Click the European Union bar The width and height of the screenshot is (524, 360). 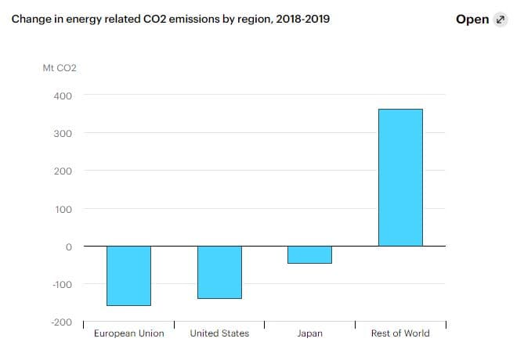tap(128, 275)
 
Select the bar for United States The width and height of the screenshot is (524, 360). tap(219, 272)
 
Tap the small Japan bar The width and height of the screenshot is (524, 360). tap(309, 254)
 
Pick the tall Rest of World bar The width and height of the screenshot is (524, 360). tap(400, 178)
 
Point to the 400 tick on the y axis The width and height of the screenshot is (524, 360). tap(63, 95)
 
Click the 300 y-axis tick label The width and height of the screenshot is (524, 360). tap(63, 133)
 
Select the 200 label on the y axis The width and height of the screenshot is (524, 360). tap(63, 171)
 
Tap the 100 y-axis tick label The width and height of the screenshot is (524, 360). tap(63, 209)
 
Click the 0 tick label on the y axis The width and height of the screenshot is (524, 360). tap(69, 247)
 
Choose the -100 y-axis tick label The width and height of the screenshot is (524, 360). tap(62, 284)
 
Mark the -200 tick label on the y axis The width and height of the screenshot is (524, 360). tap(62, 322)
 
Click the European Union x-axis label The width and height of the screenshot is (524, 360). tap(128, 333)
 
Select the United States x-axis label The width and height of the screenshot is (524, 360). tap(219, 333)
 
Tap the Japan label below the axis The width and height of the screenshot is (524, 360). tap(309, 333)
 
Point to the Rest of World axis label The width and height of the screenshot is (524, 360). tap(400, 333)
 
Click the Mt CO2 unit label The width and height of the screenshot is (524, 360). tap(60, 68)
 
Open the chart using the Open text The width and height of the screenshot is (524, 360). tap(472, 19)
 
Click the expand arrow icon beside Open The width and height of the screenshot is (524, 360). tap(501, 20)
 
